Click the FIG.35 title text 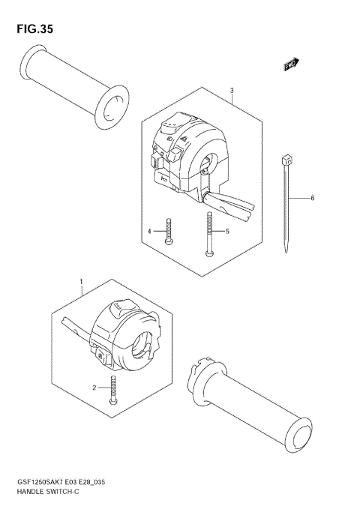32,29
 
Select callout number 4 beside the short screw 149,232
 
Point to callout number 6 312,198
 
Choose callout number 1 81,283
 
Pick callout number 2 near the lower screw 94,388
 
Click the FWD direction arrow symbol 291,66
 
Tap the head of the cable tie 286,159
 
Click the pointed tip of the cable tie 286,250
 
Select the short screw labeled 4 171,231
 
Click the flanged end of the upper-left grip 112,103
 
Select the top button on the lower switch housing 121,307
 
